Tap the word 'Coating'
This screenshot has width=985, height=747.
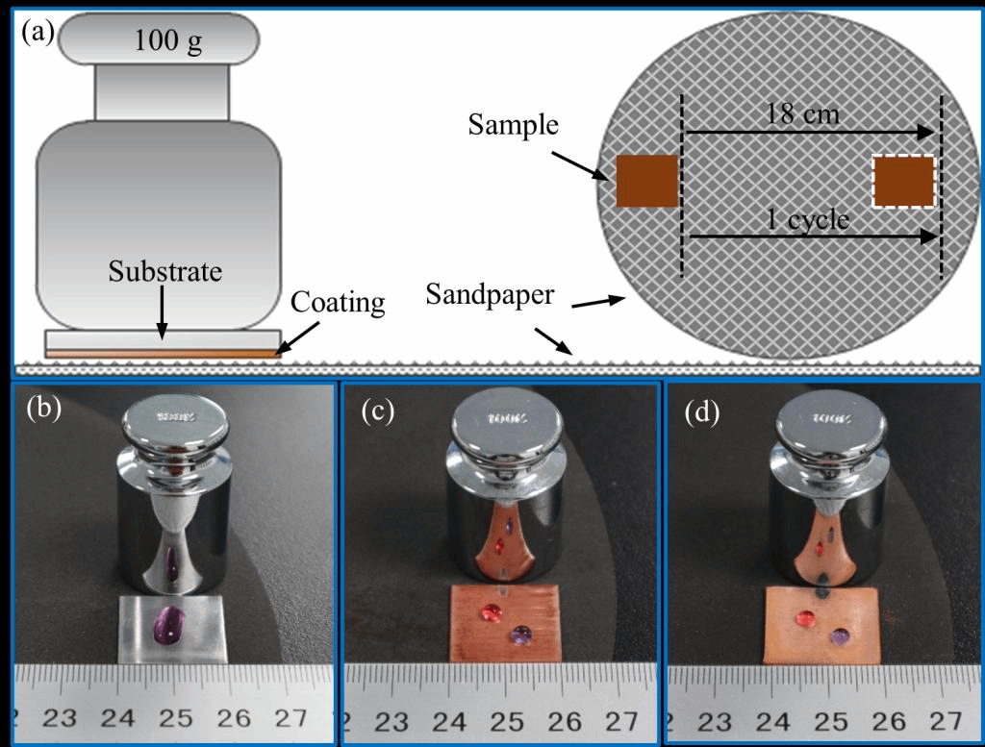pyautogui.click(x=339, y=304)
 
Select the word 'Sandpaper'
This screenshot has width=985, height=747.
pyautogui.click(x=490, y=295)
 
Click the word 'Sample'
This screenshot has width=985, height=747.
pyautogui.click(x=514, y=124)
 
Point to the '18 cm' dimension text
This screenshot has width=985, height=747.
pyautogui.click(x=803, y=115)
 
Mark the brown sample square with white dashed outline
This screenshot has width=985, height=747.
pyautogui.click(x=904, y=181)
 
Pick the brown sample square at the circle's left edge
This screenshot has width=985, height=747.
pyautogui.click(x=647, y=181)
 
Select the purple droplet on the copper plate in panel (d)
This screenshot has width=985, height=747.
pyautogui.click(x=840, y=636)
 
